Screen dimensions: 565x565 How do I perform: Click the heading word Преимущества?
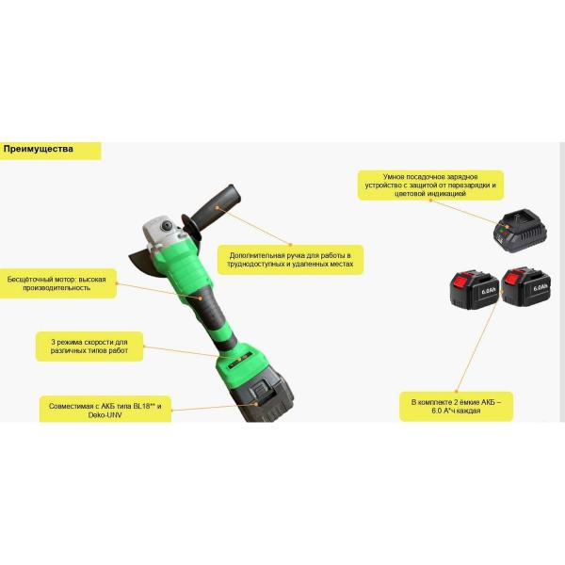(x=39, y=149)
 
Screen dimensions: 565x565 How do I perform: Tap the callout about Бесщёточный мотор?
(x=57, y=283)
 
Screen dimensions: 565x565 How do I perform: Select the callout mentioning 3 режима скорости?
(x=89, y=347)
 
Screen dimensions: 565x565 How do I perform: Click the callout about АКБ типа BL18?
(x=105, y=410)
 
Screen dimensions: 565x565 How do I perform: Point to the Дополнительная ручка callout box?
(x=290, y=260)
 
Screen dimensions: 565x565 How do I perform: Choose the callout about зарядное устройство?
(x=430, y=186)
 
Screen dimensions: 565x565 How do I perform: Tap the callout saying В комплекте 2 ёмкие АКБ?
(x=456, y=407)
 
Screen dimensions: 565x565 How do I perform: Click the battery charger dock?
(x=521, y=231)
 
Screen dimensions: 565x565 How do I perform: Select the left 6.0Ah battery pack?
(x=475, y=290)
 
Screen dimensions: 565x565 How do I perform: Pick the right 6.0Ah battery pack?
(x=526, y=286)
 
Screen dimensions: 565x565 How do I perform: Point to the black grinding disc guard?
(x=143, y=260)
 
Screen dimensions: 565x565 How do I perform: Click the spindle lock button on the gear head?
(x=167, y=225)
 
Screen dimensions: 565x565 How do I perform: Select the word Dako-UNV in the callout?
(x=105, y=414)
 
